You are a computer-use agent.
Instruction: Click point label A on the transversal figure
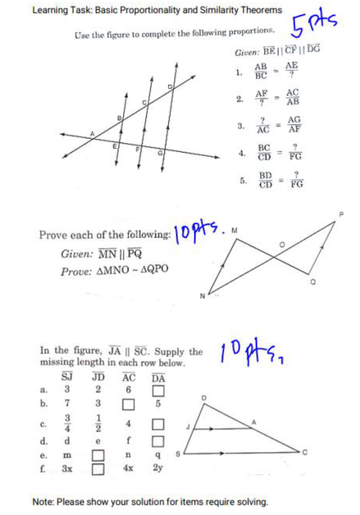[91, 131]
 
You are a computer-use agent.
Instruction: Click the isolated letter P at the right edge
[343, 210]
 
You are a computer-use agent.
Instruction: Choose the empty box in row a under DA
[156, 390]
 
